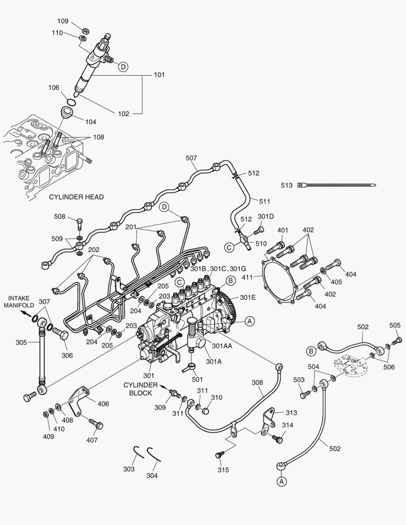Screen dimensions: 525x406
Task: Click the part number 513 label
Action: tap(287, 185)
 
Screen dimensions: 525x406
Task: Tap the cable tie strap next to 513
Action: tap(340, 185)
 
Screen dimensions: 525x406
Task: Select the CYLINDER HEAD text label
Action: tap(76, 197)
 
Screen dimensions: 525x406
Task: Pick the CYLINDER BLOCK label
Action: tap(141, 389)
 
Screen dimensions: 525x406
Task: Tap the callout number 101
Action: tap(159, 75)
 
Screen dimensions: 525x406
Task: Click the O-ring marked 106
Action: tap(71, 102)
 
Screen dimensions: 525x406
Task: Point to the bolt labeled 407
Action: tap(96, 424)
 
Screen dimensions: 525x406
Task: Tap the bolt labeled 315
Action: tap(219, 455)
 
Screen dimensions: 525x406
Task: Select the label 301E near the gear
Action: tap(247, 297)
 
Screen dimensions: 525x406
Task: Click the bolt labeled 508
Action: tap(80, 225)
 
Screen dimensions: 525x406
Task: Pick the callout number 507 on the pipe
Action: tap(191, 157)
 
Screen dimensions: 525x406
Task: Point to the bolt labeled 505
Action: tap(398, 339)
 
